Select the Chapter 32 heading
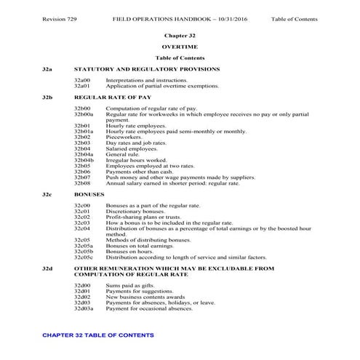pyautogui.click(x=180, y=35)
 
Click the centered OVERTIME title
pyautogui.click(x=180, y=46)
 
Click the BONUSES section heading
pyautogui.click(x=89, y=194)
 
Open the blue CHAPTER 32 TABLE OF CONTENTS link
pyautogui.click(x=98, y=335)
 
